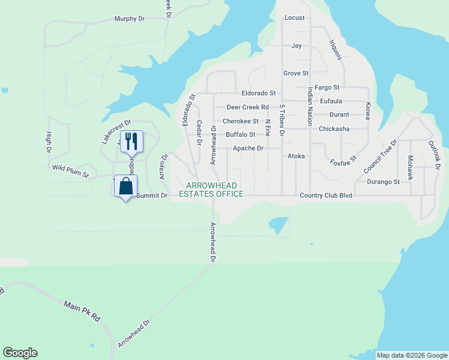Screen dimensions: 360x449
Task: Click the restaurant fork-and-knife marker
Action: pyautogui.click(x=131, y=142)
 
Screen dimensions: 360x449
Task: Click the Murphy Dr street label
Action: pyautogui.click(x=130, y=19)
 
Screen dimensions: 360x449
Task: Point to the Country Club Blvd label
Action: pyautogui.click(x=325, y=196)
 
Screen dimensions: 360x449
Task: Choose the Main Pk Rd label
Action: pyautogui.click(x=82, y=311)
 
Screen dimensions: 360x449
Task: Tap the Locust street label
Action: pyautogui.click(x=295, y=18)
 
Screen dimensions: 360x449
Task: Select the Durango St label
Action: pyautogui.click(x=384, y=181)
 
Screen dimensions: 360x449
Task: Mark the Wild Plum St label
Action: pyautogui.click(x=70, y=172)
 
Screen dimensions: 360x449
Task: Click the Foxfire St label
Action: pyautogui.click(x=343, y=163)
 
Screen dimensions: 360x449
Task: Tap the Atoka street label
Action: pyautogui.click(x=296, y=156)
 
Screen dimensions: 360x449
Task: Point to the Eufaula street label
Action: pyautogui.click(x=331, y=101)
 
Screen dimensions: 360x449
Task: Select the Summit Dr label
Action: pyautogui.click(x=151, y=196)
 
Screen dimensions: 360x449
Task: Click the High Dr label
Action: pyautogui.click(x=49, y=142)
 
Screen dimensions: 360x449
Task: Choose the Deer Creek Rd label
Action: pyautogui.click(x=247, y=107)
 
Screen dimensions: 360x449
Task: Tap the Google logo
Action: pyautogui.click(x=20, y=353)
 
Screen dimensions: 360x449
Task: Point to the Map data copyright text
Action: pyautogui.click(x=412, y=355)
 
